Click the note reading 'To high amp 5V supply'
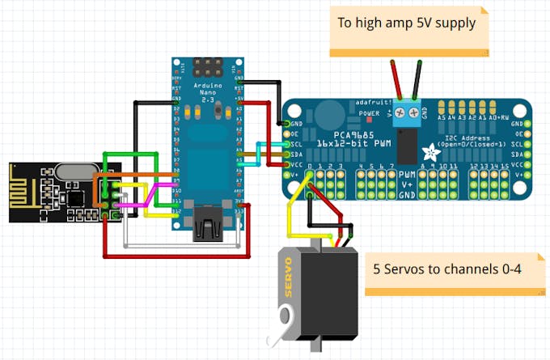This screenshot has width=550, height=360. [x=407, y=23]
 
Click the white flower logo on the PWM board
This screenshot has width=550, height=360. [x=434, y=150]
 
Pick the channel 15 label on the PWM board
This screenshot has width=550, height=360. [x=505, y=167]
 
